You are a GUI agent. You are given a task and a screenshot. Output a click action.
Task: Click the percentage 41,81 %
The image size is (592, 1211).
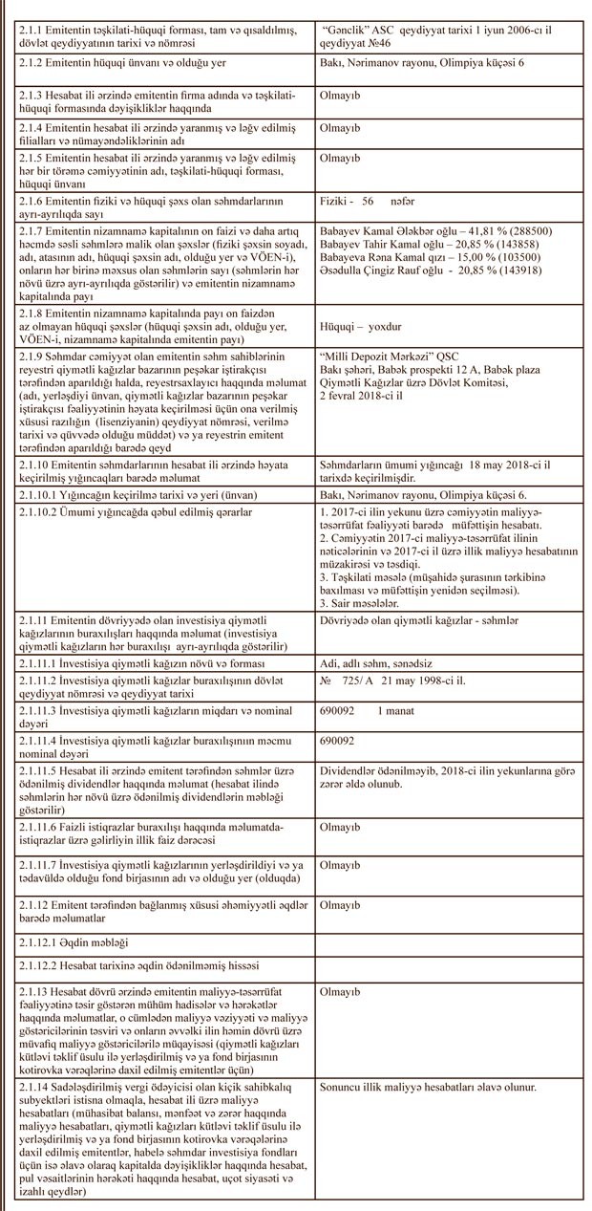point(458,231)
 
